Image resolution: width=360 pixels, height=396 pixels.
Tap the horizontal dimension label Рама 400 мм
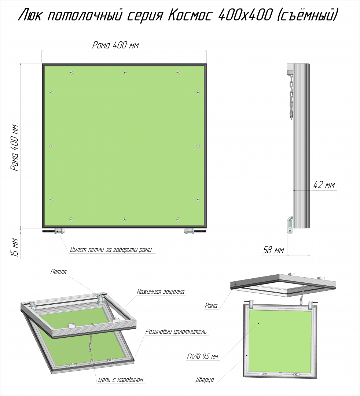click(115, 45)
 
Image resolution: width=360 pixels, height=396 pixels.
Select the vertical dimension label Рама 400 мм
click(14, 148)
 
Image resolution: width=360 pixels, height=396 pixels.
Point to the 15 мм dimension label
click(15, 248)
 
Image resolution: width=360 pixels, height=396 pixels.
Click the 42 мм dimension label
click(324, 185)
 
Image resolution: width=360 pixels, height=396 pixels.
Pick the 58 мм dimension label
click(273, 250)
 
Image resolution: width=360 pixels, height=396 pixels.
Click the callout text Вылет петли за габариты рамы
click(111, 250)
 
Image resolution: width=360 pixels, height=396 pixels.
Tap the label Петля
click(58, 272)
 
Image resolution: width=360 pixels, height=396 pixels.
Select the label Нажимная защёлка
click(161, 292)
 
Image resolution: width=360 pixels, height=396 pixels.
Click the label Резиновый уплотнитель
click(176, 331)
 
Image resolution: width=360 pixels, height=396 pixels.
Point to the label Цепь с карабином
click(121, 379)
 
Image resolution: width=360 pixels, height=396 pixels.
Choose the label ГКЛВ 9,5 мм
click(202, 357)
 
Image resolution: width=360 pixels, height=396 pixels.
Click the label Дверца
click(205, 379)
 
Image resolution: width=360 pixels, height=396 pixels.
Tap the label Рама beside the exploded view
click(211, 305)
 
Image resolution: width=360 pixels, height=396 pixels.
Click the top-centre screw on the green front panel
click(124, 73)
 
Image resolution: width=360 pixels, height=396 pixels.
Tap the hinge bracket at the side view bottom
click(290, 225)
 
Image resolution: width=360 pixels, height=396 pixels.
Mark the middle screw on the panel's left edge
click(51, 146)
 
